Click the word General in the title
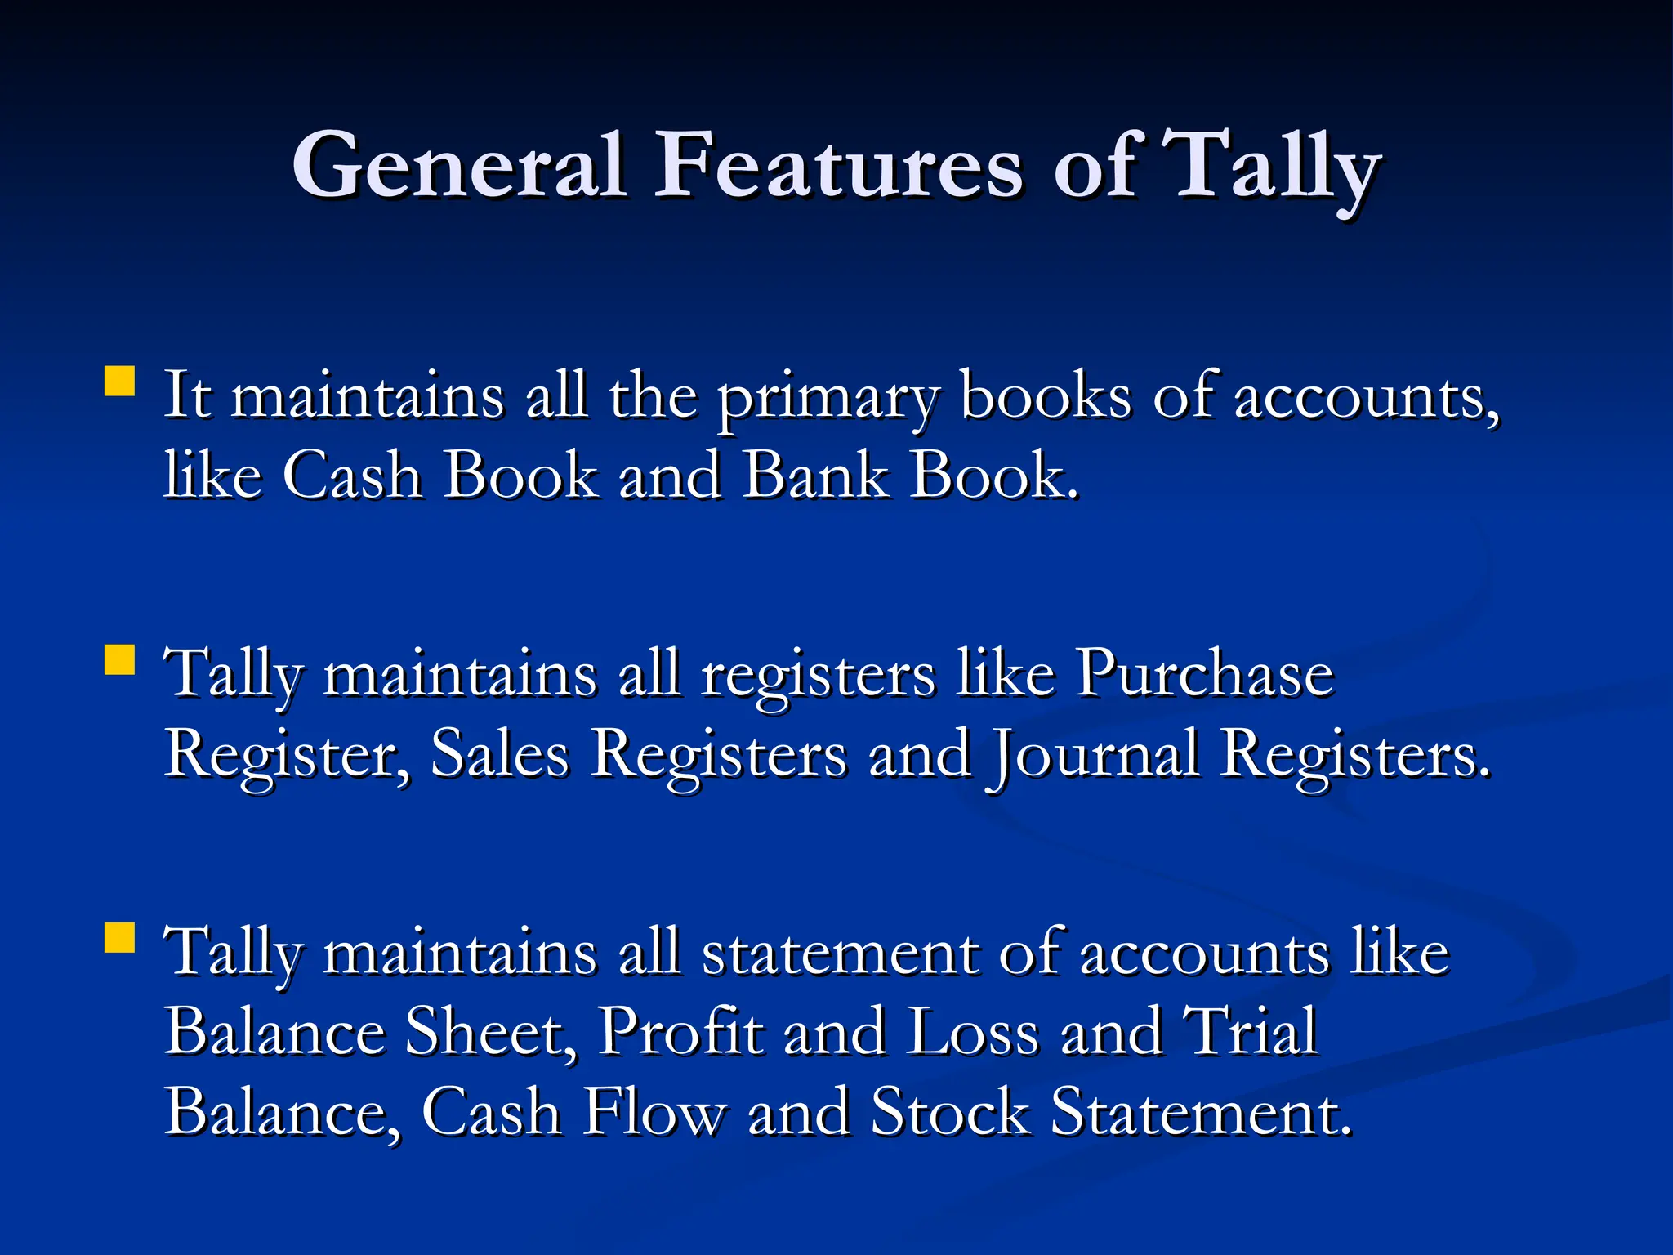point(459,165)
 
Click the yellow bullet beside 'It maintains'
point(120,381)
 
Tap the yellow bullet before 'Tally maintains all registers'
point(120,659)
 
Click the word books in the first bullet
point(1046,396)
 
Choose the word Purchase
point(1204,673)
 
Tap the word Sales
point(499,753)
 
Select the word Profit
point(680,1031)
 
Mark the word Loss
point(972,1031)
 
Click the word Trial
point(1251,1031)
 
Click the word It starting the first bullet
point(187,396)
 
